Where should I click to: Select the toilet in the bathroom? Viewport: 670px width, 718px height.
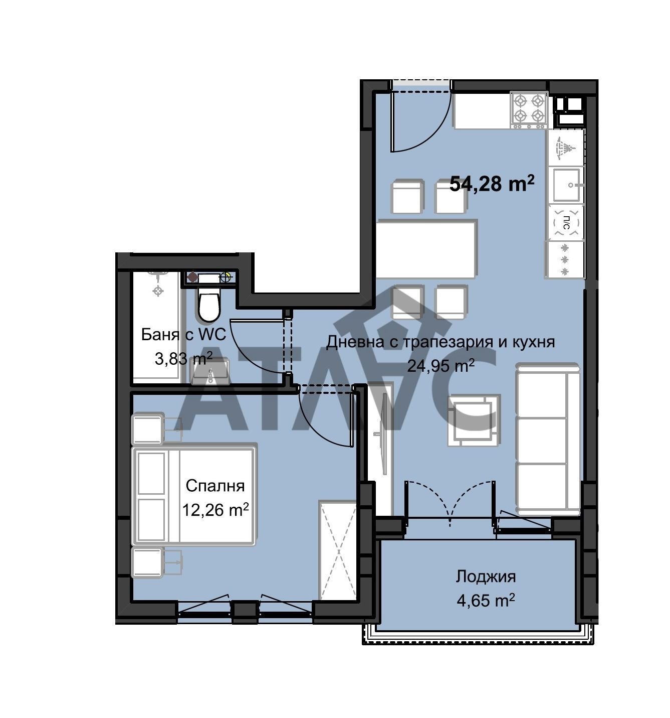click(x=208, y=305)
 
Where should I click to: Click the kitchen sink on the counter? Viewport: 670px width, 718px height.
click(x=566, y=184)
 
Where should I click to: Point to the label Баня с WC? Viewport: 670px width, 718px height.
click(x=183, y=335)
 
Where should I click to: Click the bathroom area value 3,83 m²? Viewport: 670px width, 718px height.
click(x=183, y=359)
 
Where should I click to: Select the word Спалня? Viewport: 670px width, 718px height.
click(x=215, y=486)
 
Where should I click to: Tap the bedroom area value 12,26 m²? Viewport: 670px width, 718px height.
click(x=215, y=510)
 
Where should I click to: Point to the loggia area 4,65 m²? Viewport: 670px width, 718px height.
click(x=486, y=601)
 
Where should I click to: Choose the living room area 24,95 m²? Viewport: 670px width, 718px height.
click(x=440, y=366)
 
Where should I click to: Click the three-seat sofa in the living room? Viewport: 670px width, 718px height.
click(x=548, y=439)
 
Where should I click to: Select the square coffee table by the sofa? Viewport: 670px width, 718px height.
click(x=474, y=420)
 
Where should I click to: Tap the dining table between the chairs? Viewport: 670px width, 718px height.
click(x=426, y=249)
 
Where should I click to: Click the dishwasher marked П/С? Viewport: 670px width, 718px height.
click(x=566, y=223)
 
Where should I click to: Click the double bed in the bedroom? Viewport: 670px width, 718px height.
click(x=193, y=496)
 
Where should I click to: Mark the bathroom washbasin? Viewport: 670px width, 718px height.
click(x=209, y=372)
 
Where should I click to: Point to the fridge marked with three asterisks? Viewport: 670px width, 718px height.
click(x=565, y=259)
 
